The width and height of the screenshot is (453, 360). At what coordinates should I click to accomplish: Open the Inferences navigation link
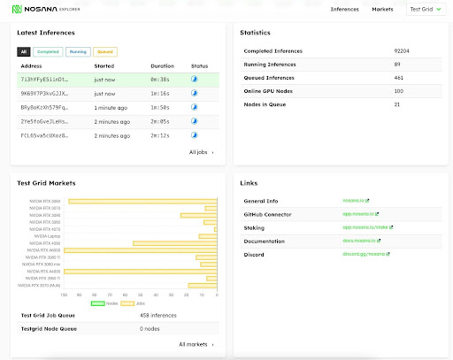(x=344, y=9)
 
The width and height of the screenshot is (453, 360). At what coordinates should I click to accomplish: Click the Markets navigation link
(x=382, y=9)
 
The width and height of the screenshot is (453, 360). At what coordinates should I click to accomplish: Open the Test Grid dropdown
(x=426, y=9)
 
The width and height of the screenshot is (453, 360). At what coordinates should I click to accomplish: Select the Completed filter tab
(x=48, y=52)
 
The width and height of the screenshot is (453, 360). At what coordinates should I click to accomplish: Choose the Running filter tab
(x=77, y=52)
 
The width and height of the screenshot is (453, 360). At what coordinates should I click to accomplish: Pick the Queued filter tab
(x=104, y=52)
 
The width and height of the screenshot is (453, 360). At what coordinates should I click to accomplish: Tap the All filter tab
(x=23, y=52)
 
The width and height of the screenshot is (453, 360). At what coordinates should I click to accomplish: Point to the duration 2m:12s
(x=160, y=135)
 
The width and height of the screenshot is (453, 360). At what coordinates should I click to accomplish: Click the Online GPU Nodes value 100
(x=398, y=91)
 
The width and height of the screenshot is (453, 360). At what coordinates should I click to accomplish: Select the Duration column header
(x=162, y=65)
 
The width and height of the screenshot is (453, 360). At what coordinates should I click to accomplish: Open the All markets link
(x=196, y=344)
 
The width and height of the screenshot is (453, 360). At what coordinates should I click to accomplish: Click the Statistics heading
(x=257, y=33)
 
